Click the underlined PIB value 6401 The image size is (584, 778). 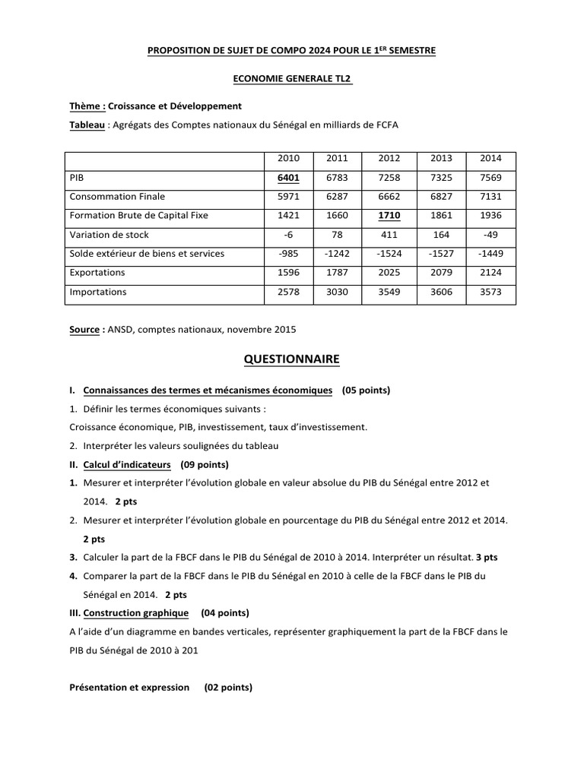[x=289, y=177]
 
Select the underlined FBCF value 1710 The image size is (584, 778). [x=389, y=215]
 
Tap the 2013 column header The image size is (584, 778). [x=441, y=158]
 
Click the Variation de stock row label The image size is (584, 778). [x=109, y=235]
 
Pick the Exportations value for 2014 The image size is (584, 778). [x=490, y=273]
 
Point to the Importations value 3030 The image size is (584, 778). [x=337, y=292]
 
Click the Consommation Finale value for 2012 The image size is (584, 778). [x=389, y=196]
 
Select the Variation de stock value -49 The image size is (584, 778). [x=490, y=235]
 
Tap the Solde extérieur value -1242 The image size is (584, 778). [x=337, y=254]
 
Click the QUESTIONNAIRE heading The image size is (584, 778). [x=291, y=359]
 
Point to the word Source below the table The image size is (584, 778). [x=84, y=330]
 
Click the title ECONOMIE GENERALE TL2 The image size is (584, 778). [x=292, y=78]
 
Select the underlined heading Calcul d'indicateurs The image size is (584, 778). [x=127, y=464]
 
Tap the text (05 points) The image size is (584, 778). [x=366, y=391]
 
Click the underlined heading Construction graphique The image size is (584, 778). [x=133, y=612]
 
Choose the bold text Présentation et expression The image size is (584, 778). [x=129, y=687]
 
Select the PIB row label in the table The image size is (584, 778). [x=76, y=177]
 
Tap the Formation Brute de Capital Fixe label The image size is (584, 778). [x=138, y=215]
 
